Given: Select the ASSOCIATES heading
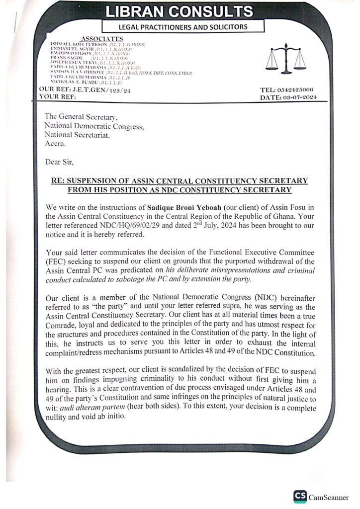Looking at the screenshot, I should [x=102, y=39].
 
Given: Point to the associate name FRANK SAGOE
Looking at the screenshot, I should [x=67, y=58].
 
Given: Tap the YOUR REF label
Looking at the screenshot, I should [x=58, y=97].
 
